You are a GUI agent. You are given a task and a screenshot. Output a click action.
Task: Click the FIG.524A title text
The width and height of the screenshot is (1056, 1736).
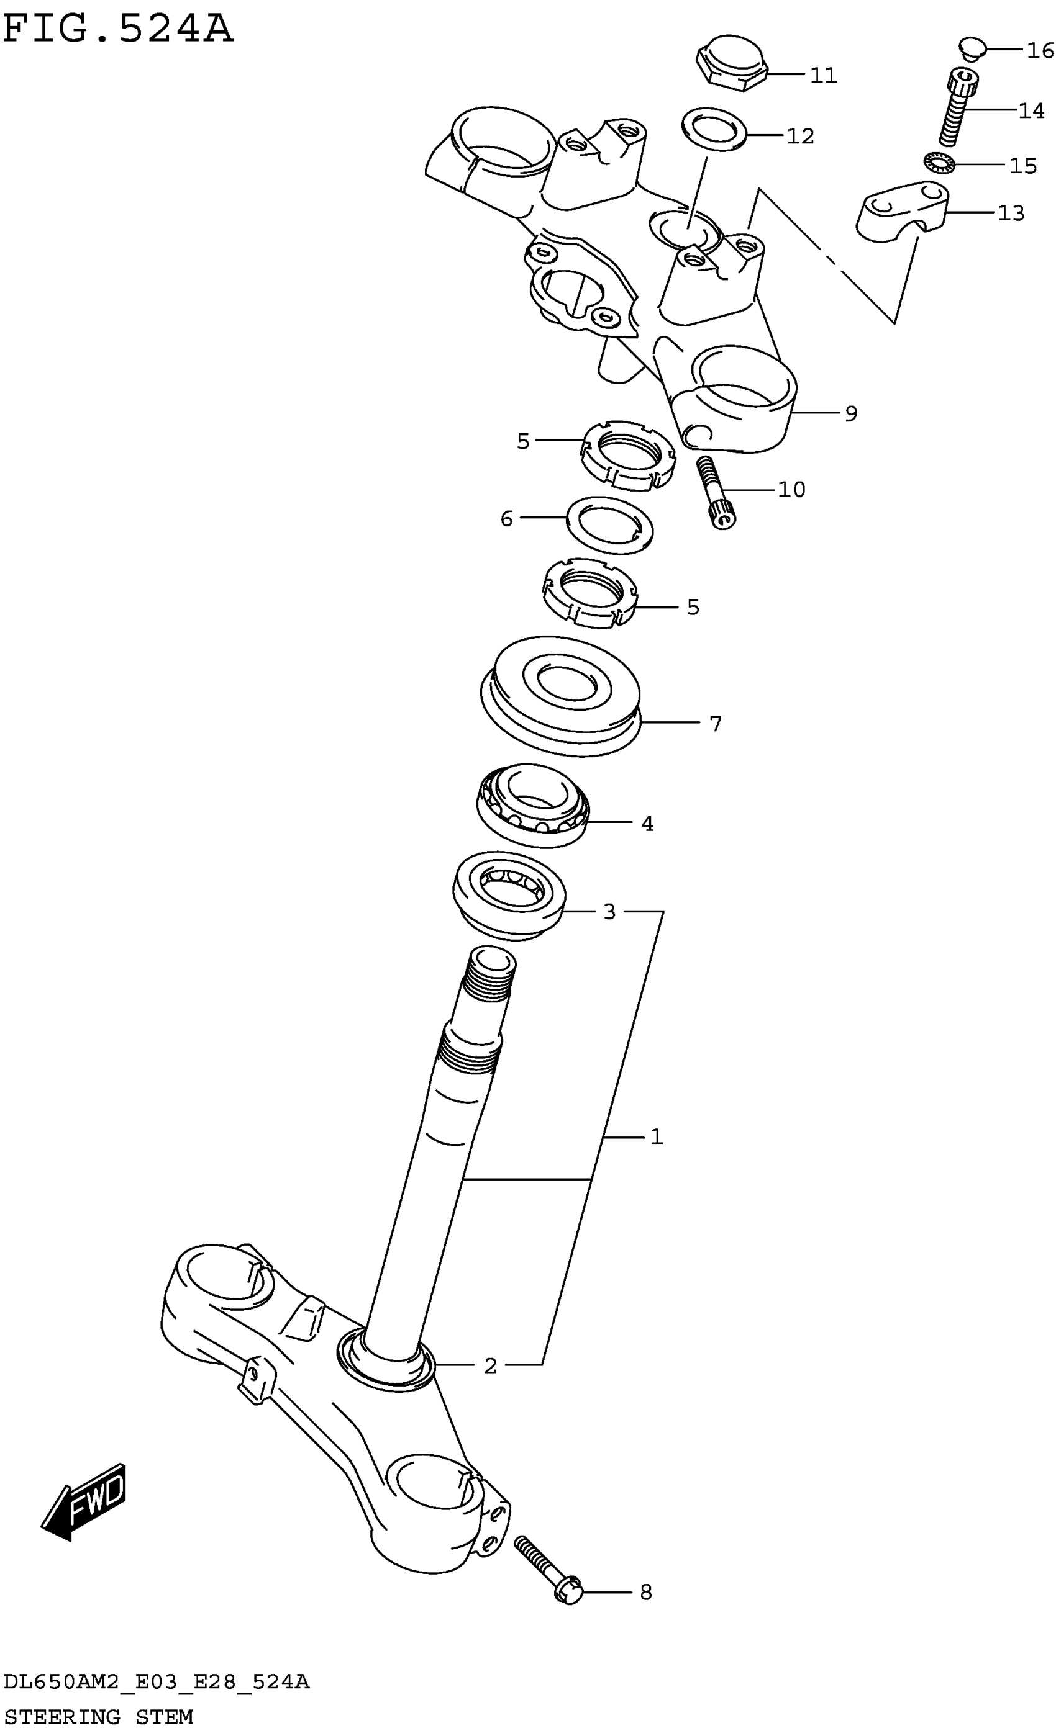[x=118, y=30]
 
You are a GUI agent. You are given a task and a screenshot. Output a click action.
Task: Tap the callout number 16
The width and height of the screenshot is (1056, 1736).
[x=1040, y=51]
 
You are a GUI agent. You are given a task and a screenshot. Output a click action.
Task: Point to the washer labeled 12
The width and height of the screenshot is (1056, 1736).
[x=715, y=128]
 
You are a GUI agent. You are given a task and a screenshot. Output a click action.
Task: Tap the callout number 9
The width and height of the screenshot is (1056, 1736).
[x=851, y=413]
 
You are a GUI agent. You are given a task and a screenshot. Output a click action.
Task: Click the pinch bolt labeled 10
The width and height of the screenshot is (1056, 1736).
[x=715, y=490]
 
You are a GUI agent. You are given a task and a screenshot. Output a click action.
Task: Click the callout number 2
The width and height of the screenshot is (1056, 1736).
[x=491, y=1365]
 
